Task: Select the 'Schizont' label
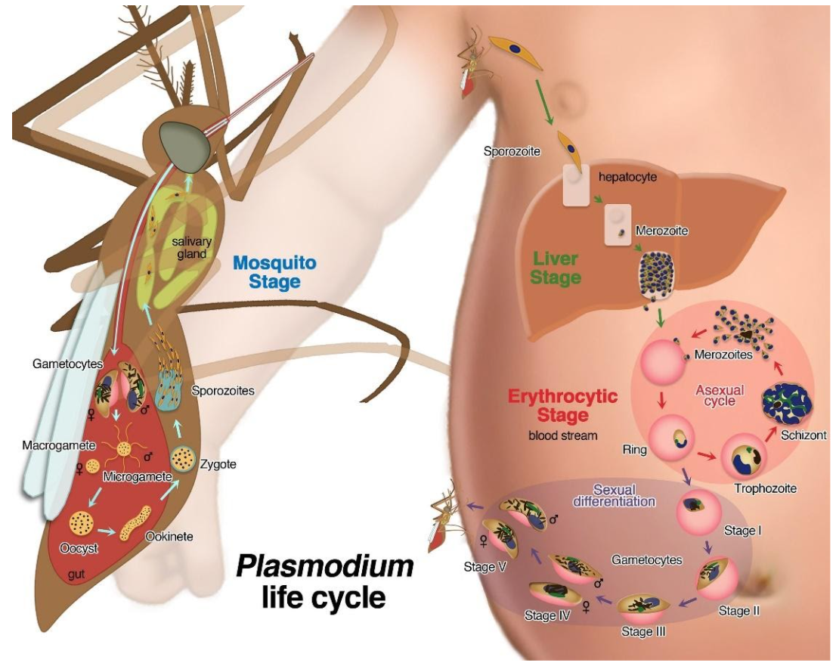pyautogui.click(x=803, y=435)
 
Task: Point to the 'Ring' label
pyautogui.click(x=635, y=450)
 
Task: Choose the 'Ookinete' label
pyautogui.click(x=169, y=536)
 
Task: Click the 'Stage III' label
pyautogui.click(x=642, y=629)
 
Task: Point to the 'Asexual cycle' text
pyautogui.click(x=720, y=395)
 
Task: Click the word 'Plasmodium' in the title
pyautogui.click(x=326, y=565)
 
